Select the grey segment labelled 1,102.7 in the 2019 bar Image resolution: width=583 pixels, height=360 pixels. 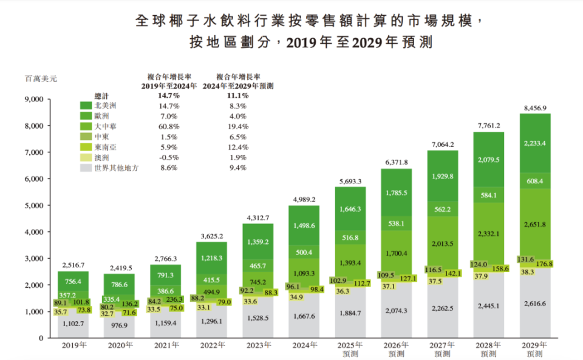pyautogui.click(x=73, y=324)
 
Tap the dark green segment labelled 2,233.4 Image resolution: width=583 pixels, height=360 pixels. pyautogui.click(x=534, y=143)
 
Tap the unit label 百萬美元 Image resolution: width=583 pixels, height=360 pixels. pyautogui.click(x=41, y=79)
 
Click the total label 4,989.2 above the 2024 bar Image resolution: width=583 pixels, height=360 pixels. pyautogui.click(x=304, y=199)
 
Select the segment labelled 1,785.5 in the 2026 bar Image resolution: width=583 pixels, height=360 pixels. pyautogui.click(x=396, y=194)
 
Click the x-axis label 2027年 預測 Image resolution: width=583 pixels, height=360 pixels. pyautogui.click(x=442, y=349)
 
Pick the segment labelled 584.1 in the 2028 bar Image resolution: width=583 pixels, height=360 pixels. pyautogui.click(x=488, y=195)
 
